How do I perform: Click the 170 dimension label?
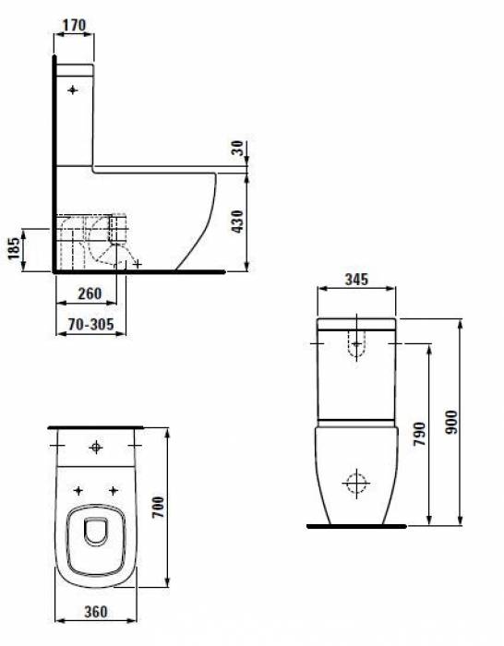pos(74,26)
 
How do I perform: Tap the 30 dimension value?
pos(237,149)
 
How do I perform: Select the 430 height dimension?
pos(237,221)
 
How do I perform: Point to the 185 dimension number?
pos(14,249)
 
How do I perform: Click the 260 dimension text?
pos(90,293)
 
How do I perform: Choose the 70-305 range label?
pos(90,325)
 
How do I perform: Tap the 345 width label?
pos(356,280)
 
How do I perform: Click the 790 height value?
pos(419,434)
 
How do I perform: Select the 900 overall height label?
pos(451,422)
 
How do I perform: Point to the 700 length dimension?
pos(158,508)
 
